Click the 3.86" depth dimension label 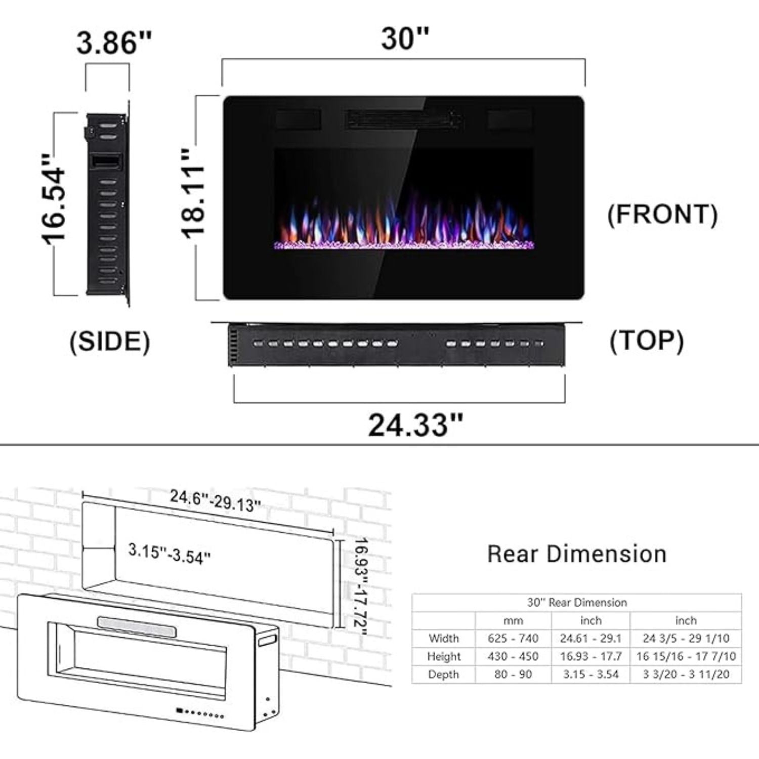114,43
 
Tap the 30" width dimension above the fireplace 405,38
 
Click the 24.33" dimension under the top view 415,425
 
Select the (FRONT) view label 662,214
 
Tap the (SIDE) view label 110,342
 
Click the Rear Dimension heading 576,554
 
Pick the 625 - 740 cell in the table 513,639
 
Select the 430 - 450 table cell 513,656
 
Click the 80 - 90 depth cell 513,674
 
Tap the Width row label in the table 443,639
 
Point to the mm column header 513,620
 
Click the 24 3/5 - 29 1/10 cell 686,639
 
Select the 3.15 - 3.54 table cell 591,674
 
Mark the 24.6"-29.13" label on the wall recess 216,501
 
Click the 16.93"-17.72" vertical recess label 360,583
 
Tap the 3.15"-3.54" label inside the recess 170,554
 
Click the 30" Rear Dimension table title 576,603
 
